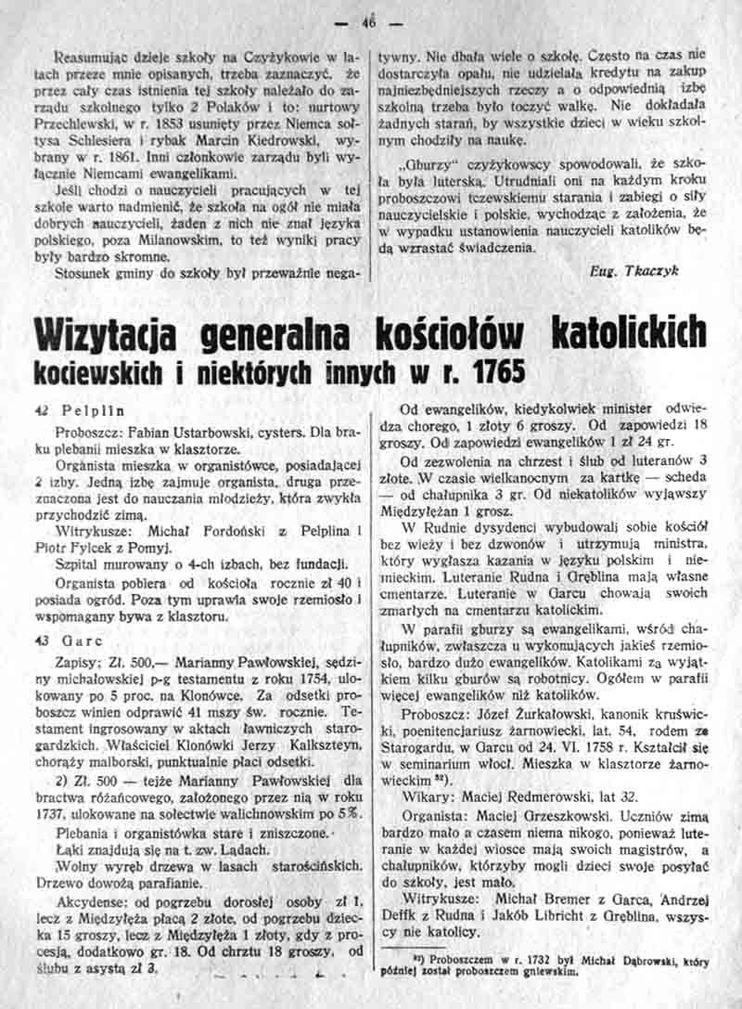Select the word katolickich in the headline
pyautogui.click(x=626, y=333)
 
